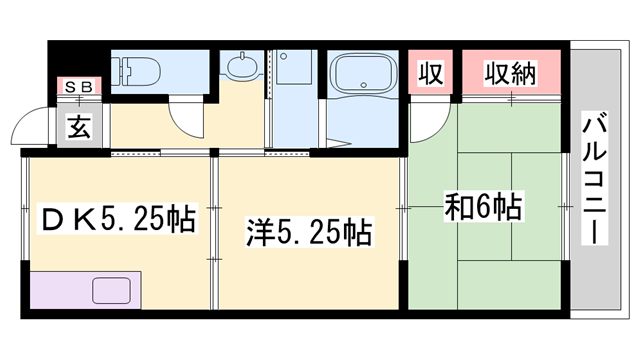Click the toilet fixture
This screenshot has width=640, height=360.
(133, 73)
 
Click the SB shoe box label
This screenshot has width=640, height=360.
(78, 87)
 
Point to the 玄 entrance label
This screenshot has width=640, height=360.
(79, 126)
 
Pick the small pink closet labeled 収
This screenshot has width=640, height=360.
(431, 73)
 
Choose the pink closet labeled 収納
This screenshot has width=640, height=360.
(512, 73)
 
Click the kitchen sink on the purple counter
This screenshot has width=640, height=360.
(117, 291)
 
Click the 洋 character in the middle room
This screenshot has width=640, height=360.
(258, 233)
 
